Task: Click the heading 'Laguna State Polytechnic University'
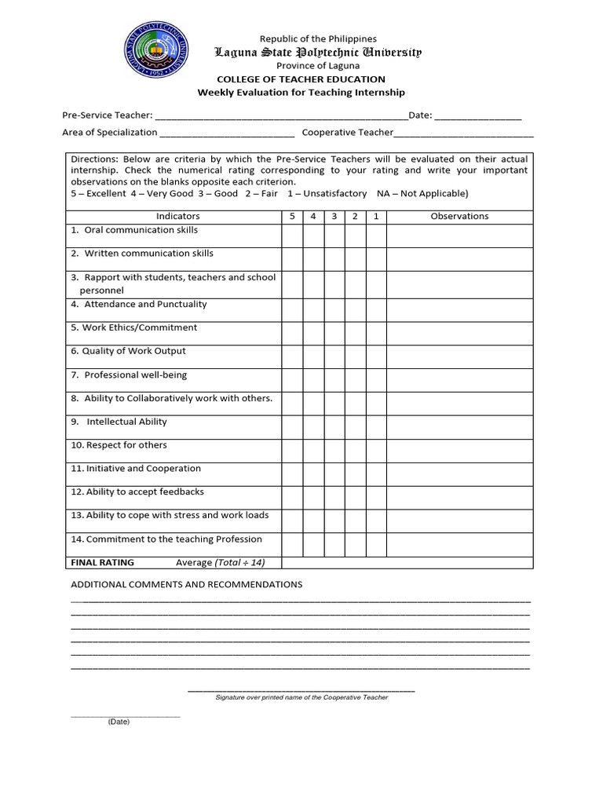[318, 53]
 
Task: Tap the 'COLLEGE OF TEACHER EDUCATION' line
[301, 79]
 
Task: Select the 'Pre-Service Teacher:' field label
[108, 115]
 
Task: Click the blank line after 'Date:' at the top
[477, 115]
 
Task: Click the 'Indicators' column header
[178, 216]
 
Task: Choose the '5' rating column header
[292, 216]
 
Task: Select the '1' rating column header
[376, 216]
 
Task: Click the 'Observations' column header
[459, 216]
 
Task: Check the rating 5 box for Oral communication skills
[292, 236]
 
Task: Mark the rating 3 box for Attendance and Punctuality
[334, 309]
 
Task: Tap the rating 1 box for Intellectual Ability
[376, 427]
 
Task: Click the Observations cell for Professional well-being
[459, 380]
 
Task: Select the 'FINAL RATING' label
[103, 562]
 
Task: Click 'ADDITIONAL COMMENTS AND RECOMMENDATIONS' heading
[187, 585]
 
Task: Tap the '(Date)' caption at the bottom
[119, 722]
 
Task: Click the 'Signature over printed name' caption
[301, 697]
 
